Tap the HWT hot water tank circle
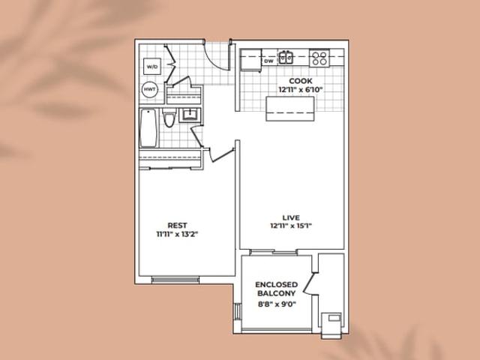150,90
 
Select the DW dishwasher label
268,61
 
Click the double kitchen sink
286,57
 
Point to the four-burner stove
319,58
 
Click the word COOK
301,81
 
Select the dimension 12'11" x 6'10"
301,90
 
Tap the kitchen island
290,109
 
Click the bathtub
148,128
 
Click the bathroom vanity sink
190,115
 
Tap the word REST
177,226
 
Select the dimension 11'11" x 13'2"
177,235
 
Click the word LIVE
291,217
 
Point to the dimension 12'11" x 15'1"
291,226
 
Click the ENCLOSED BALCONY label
277,289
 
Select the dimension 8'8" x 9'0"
277,304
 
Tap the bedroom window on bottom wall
175,280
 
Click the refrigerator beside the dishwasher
251,60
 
